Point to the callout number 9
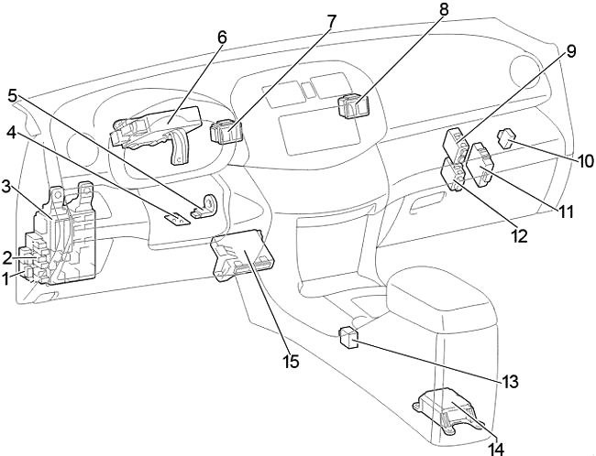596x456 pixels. (569, 51)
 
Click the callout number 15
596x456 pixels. (291, 363)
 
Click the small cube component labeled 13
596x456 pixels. (348, 337)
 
